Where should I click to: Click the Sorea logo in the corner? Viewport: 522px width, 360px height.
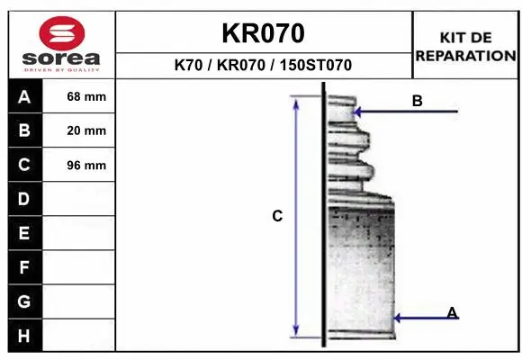(61, 44)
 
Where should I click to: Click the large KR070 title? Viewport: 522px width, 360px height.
(263, 33)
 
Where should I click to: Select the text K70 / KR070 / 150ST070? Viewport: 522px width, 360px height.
(263, 66)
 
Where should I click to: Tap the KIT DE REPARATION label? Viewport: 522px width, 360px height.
(465, 46)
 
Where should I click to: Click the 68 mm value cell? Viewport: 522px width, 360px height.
(86, 96)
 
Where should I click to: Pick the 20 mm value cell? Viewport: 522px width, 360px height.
(86, 130)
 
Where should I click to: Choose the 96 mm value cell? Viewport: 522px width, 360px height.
(86, 165)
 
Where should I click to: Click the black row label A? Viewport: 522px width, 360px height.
(24, 96)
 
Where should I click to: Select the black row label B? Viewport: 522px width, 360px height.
(24, 130)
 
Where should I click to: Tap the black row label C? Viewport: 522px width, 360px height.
(24, 165)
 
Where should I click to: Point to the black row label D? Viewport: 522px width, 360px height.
(24, 198)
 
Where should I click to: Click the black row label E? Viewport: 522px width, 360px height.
(24, 233)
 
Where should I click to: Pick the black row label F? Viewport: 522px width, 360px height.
(24, 267)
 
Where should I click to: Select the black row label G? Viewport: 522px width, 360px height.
(24, 301)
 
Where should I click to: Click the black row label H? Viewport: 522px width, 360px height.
(24, 336)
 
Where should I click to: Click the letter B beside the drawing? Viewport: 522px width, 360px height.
(417, 101)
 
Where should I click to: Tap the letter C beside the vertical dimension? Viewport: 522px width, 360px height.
(277, 216)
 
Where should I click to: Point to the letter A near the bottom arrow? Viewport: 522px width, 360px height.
(452, 312)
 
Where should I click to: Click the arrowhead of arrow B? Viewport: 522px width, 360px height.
(358, 112)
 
